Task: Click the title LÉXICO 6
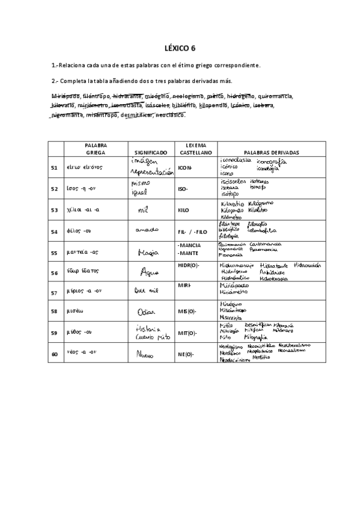(180, 48)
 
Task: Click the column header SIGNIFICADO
(150, 153)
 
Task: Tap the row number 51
(55, 168)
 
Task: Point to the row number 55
(55, 253)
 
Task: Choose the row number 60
(55, 354)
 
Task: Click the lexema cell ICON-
(185, 168)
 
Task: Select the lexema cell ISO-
(183, 189)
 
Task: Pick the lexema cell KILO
(183, 210)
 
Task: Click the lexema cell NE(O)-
(186, 354)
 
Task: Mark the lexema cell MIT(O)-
(186, 332)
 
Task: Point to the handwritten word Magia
(148, 253)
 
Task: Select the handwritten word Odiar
(146, 312)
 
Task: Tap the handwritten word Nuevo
(146, 355)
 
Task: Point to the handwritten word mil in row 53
(143, 211)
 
